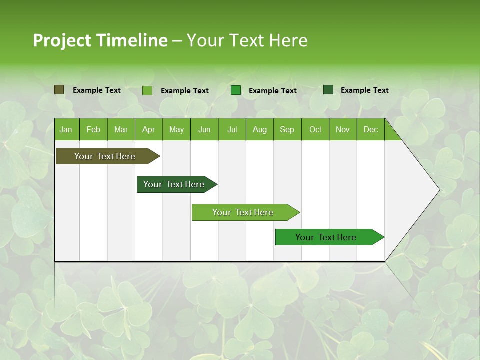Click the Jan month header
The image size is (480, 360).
click(66, 129)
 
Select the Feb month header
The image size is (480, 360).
click(93, 129)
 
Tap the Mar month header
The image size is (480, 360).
click(121, 129)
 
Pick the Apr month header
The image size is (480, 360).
click(149, 129)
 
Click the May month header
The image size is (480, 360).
click(176, 129)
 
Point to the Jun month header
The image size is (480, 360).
click(204, 129)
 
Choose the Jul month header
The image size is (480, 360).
click(232, 129)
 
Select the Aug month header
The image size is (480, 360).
click(260, 129)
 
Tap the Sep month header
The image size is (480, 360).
click(287, 129)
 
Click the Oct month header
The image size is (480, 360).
click(315, 129)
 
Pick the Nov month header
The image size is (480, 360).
click(343, 129)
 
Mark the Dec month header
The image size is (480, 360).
click(371, 129)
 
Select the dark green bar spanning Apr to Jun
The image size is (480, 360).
click(174, 184)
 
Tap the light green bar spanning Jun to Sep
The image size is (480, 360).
click(243, 212)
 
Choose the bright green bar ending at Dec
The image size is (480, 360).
click(326, 237)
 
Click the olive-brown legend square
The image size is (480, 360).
click(59, 90)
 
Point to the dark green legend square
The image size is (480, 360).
click(328, 90)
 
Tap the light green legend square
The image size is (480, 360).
click(147, 90)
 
